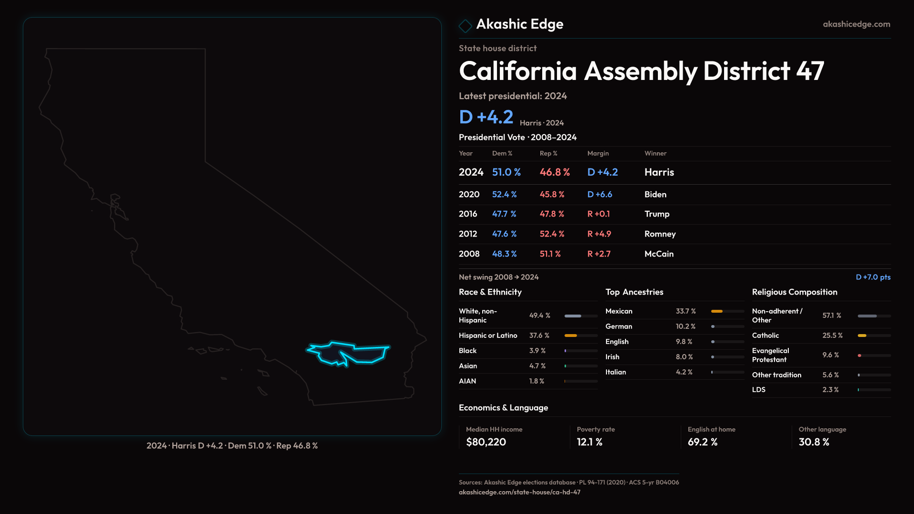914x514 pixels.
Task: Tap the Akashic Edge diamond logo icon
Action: click(x=465, y=25)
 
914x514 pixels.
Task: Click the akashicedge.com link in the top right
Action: click(x=856, y=24)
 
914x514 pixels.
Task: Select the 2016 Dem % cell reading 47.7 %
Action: click(x=504, y=214)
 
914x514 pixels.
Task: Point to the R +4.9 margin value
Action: click(x=599, y=234)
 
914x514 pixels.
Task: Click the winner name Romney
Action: click(x=660, y=234)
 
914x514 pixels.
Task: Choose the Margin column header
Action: click(x=598, y=153)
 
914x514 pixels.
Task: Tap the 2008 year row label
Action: click(x=469, y=254)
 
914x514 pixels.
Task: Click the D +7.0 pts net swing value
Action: click(x=873, y=277)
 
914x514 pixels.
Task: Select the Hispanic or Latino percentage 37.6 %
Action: click(x=539, y=336)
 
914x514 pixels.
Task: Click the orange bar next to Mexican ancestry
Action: click(x=716, y=311)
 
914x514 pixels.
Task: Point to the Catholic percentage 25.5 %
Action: click(x=832, y=336)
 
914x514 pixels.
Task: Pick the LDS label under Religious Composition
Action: click(x=758, y=390)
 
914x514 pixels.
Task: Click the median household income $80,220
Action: click(x=486, y=442)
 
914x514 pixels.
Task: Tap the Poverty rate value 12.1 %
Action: click(x=589, y=442)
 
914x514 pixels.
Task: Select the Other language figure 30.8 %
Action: click(x=814, y=442)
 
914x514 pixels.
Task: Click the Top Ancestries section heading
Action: click(x=634, y=292)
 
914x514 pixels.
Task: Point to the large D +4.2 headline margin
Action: click(x=486, y=117)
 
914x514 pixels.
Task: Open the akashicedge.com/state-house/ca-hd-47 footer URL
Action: click(x=519, y=492)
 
